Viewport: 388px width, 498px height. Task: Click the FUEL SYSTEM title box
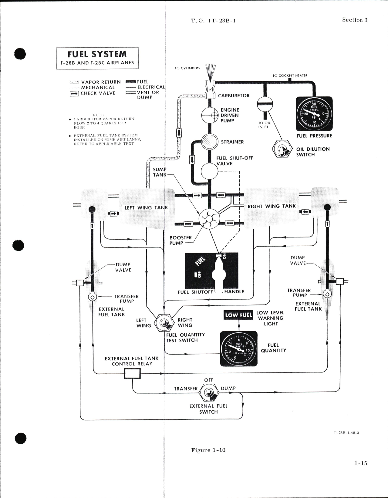coord(97,58)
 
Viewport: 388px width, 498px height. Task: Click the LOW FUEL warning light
coord(238,315)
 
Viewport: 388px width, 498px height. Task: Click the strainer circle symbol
coord(210,142)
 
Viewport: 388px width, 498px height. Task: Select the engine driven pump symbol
coord(210,115)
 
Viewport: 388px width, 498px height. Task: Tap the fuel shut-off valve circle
coord(210,171)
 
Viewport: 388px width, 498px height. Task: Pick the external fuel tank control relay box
coord(133,373)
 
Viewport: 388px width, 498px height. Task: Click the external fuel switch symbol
coord(209,393)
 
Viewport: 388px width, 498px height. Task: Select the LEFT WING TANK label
coord(146,208)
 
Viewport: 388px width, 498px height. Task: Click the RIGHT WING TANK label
coord(272,206)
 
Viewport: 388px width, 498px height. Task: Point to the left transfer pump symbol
coord(92,297)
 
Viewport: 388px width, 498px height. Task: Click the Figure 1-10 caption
coord(208,450)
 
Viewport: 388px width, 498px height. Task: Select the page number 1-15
coord(361,463)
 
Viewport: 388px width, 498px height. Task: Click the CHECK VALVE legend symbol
coord(74,93)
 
